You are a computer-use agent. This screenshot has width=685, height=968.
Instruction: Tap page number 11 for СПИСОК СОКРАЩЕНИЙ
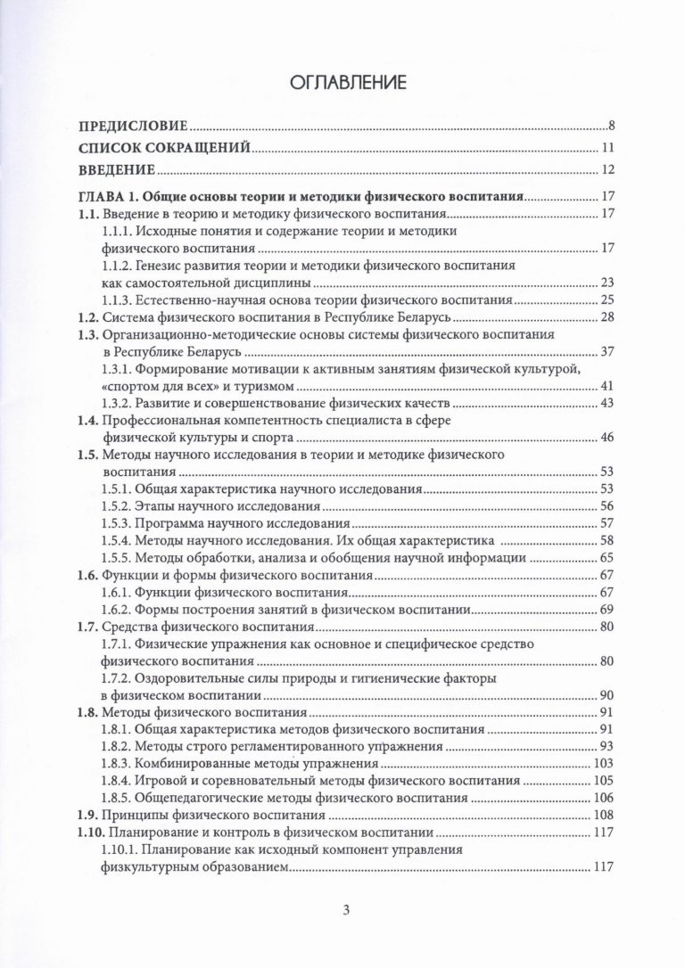click(x=607, y=147)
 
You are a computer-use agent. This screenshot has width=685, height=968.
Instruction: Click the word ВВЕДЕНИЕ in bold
click(x=119, y=169)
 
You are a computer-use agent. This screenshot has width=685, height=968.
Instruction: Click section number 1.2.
click(x=87, y=318)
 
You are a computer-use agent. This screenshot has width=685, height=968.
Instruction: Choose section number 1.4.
click(x=87, y=421)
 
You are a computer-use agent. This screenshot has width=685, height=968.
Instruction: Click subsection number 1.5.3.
click(x=122, y=523)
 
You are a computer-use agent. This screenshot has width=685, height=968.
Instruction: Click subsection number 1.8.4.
click(x=122, y=781)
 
